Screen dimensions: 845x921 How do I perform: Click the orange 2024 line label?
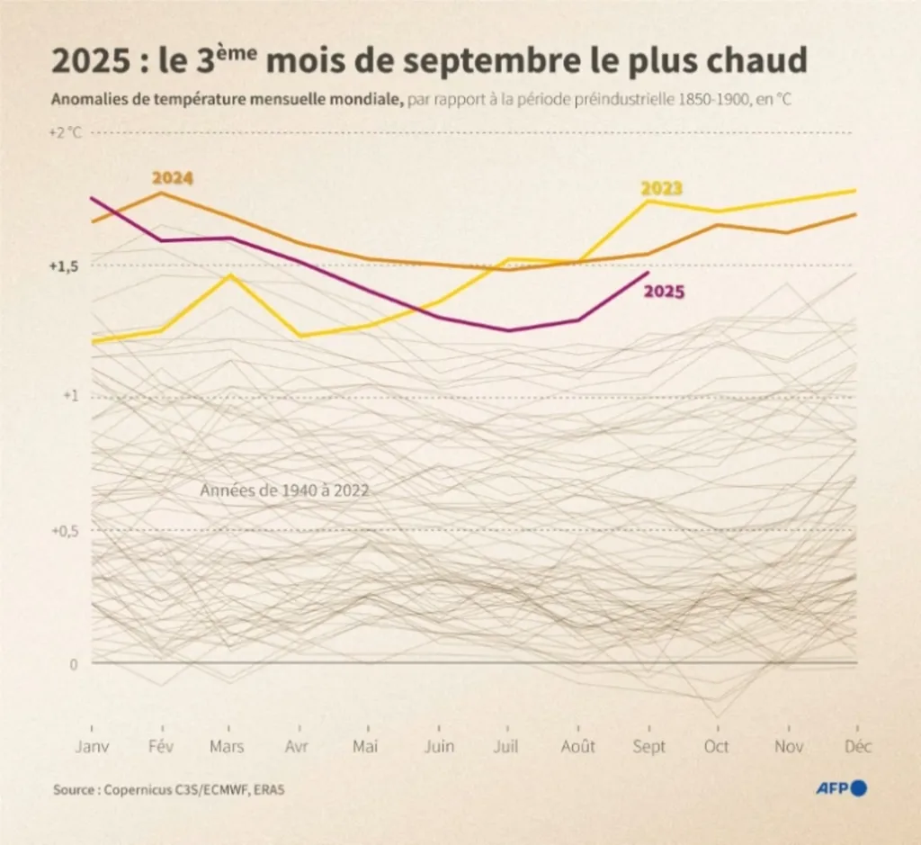click(173, 178)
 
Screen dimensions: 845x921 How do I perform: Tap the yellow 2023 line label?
click(661, 188)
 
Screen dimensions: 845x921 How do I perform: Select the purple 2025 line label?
click(665, 291)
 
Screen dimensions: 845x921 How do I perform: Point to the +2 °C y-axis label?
click(65, 132)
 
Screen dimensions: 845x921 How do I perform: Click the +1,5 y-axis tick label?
click(64, 267)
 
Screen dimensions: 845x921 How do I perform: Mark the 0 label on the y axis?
click(75, 663)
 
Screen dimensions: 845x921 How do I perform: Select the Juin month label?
click(438, 747)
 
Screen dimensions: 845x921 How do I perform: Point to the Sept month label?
click(649, 747)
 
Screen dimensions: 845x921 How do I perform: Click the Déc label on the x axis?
click(858, 747)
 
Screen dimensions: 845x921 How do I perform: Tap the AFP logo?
click(841, 788)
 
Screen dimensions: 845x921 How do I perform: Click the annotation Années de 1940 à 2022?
click(285, 490)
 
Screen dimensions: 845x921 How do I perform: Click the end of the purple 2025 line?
click(648, 273)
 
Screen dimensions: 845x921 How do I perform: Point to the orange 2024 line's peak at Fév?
click(160, 193)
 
